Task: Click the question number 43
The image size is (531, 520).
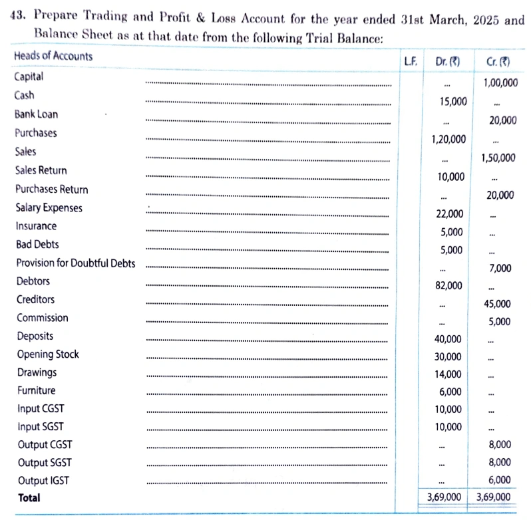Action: tap(21, 20)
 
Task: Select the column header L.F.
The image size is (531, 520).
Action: tap(411, 61)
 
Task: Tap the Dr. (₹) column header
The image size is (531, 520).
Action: tap(447, 62)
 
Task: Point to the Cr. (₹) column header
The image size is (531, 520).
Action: tap(498, 62)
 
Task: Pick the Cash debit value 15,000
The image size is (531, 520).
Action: tap(453, 102)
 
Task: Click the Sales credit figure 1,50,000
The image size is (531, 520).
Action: tap(498, 158)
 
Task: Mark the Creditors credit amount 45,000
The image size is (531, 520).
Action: tap(498, 304)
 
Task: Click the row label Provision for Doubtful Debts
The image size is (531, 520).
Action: tap(75, 263)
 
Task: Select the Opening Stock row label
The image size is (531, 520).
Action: tap(48, 354)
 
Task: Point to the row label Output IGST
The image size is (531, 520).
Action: tap(43, 480)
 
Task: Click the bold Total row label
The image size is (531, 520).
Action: tap(29, 497)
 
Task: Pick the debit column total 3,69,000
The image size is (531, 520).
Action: tap(444, 497)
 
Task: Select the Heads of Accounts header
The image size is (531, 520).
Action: tap(53, 56)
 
